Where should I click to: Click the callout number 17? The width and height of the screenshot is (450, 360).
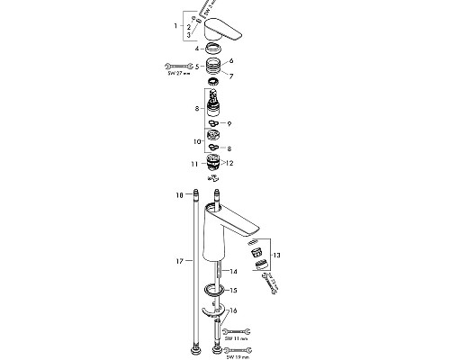pyautogui.click(x=180, y=260)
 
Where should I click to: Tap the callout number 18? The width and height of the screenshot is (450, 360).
pyautogui.click(x=180, y=193)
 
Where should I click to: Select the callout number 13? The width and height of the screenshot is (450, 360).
pyautogui.click(x=277, y=256)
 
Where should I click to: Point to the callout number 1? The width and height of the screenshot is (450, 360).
pyautogui.click(x=176, y=29)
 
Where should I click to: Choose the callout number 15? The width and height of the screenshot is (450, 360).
pyautogui.click(x=233, y=290)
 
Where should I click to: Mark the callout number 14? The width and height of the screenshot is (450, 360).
pyautogui.click(x=233, y=270)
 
